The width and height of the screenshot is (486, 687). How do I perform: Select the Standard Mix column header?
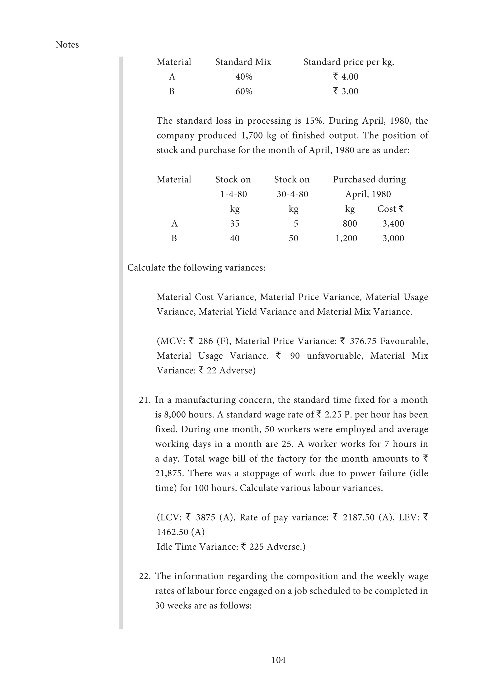243,62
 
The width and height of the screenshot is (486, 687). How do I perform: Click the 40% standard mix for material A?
244,77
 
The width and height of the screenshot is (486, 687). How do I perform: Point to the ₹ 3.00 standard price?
346,91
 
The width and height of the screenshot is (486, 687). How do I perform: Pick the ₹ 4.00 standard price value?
346,77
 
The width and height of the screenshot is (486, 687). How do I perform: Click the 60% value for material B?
244,92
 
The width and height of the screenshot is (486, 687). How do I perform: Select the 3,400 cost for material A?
393,223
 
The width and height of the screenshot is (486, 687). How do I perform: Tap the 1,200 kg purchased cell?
346,238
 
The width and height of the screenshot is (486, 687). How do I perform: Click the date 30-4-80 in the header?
292,194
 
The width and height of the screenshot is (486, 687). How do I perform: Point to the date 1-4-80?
234,194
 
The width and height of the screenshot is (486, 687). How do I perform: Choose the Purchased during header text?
369,180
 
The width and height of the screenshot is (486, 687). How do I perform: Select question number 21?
145,400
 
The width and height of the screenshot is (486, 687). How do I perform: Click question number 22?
145,576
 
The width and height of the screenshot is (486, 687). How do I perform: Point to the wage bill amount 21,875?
168,473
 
